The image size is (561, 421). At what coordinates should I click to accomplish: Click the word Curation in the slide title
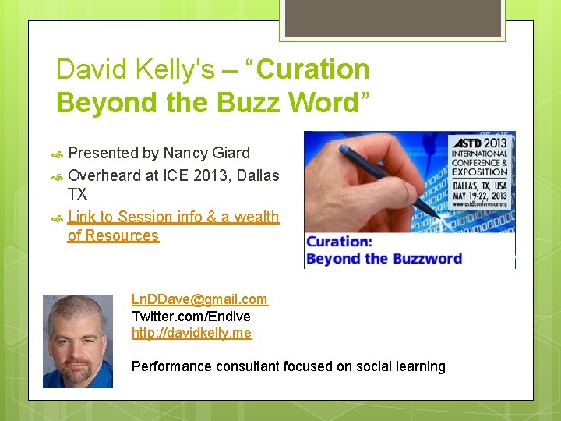click(x=312, y=69)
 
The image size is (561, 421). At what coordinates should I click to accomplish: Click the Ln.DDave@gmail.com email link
click(x=199, y=299)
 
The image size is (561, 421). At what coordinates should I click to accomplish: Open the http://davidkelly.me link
click(x=192, y=333)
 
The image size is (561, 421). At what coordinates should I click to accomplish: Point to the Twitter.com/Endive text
click(x=191, y=316)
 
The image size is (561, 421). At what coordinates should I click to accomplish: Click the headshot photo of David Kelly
click(x=77, y=341)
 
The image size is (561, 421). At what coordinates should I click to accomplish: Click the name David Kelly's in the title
click(x=135, y=69)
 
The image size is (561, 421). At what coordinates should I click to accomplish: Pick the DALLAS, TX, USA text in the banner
click(x=478, y=187)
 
